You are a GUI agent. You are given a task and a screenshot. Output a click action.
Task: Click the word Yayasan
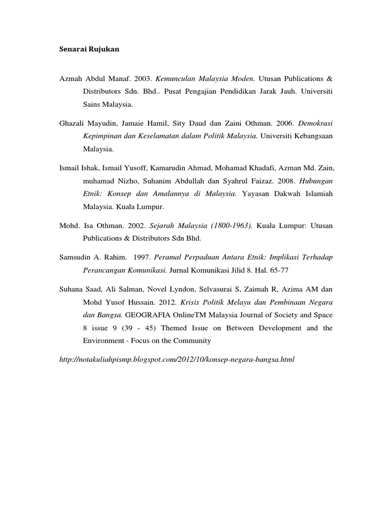[x=257, y=194]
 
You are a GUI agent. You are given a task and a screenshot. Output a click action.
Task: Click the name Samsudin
[x=75, y=258]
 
